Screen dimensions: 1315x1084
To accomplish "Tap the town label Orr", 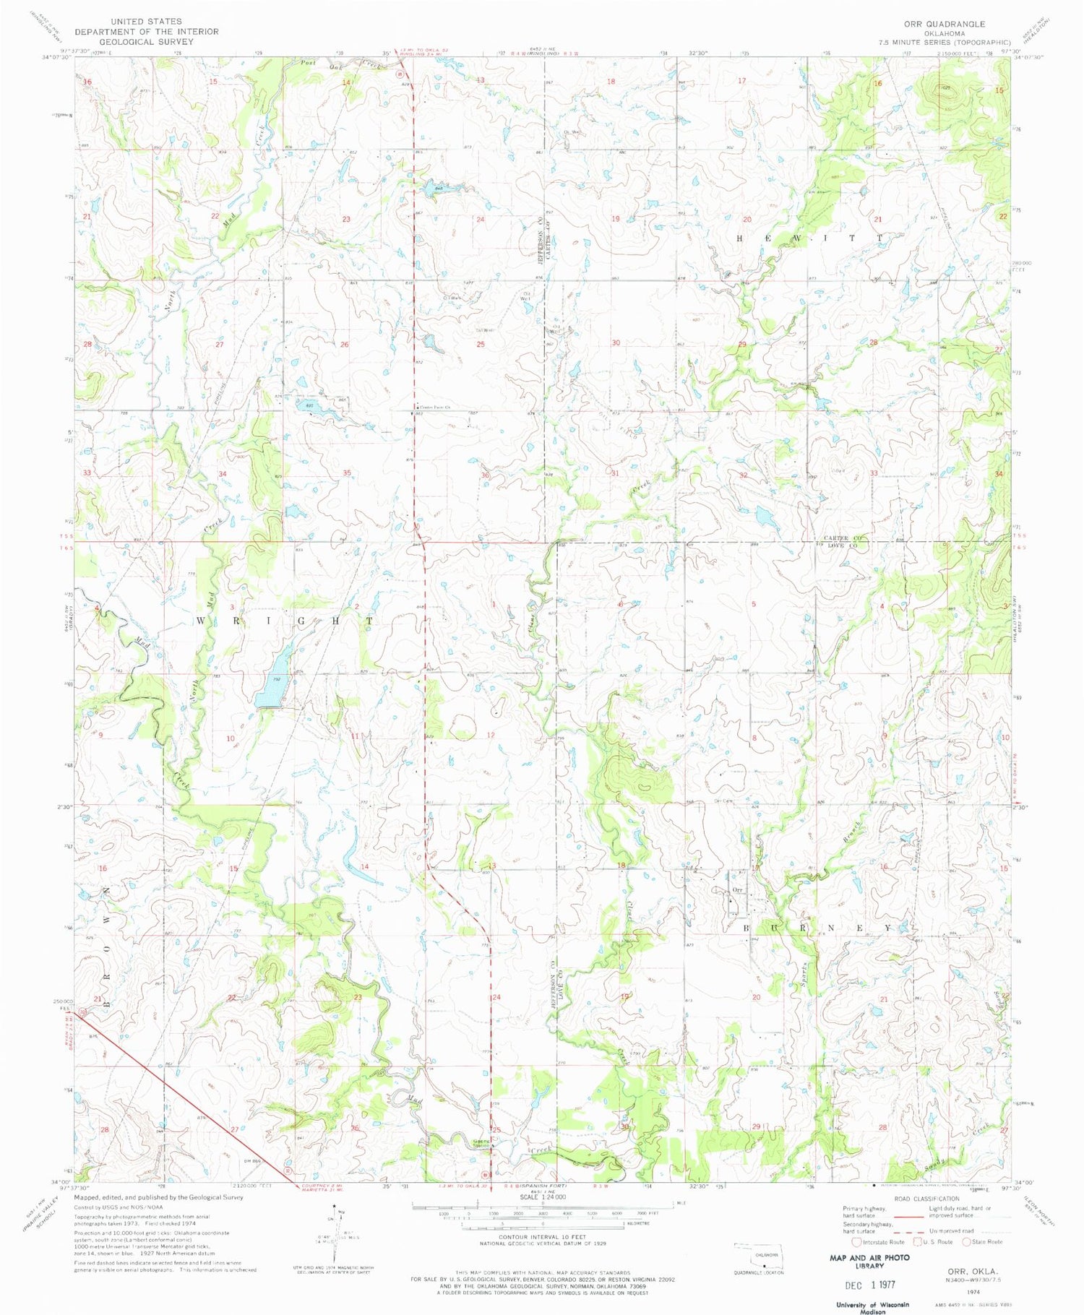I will (x=737, y=889).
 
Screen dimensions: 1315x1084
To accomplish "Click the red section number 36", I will (x=485, y=475).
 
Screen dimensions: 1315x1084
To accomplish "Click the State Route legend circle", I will (x=968, y=1242).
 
